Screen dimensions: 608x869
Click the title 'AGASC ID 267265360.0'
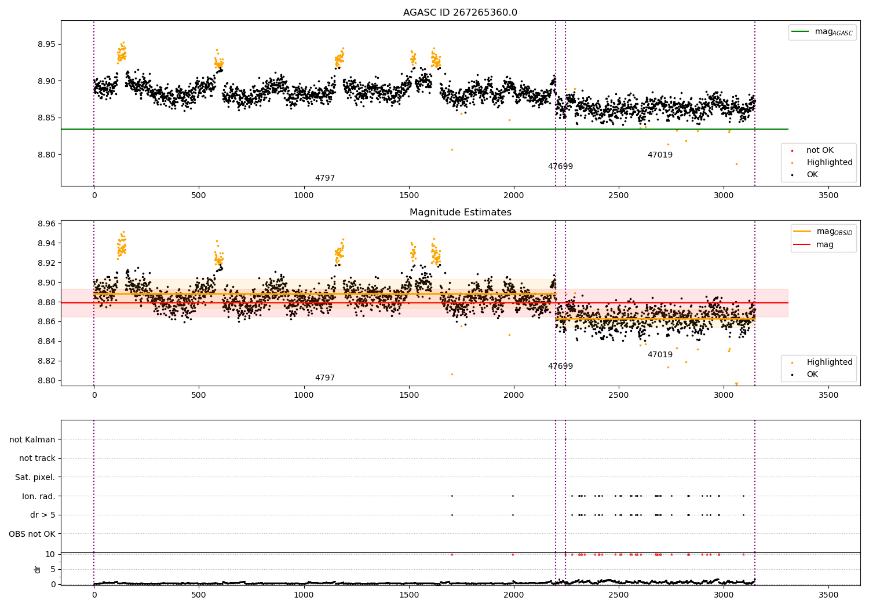(460, 13)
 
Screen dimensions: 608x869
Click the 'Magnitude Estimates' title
(460, 213)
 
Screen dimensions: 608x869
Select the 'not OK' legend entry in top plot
(820, 151)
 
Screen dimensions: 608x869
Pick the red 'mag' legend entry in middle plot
(824, 244)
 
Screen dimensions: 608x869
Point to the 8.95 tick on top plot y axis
(46, 45)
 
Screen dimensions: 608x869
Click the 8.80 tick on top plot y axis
(46, 155)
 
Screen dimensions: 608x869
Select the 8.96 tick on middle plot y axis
(46, 224)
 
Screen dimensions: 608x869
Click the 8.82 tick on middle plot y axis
(46, 361)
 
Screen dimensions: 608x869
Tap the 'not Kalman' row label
(32, 439)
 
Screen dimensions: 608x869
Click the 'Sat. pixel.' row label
(35, 477)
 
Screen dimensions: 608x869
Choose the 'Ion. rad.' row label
(38, 496)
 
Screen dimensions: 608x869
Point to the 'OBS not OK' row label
(32, 534)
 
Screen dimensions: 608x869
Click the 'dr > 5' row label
(42, 515)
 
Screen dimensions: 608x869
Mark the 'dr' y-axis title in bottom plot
(38, 569)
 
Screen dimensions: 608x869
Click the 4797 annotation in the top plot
(324, 178)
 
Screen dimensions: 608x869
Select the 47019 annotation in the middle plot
(660, 354)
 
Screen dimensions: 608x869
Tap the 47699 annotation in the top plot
(560, 167)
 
